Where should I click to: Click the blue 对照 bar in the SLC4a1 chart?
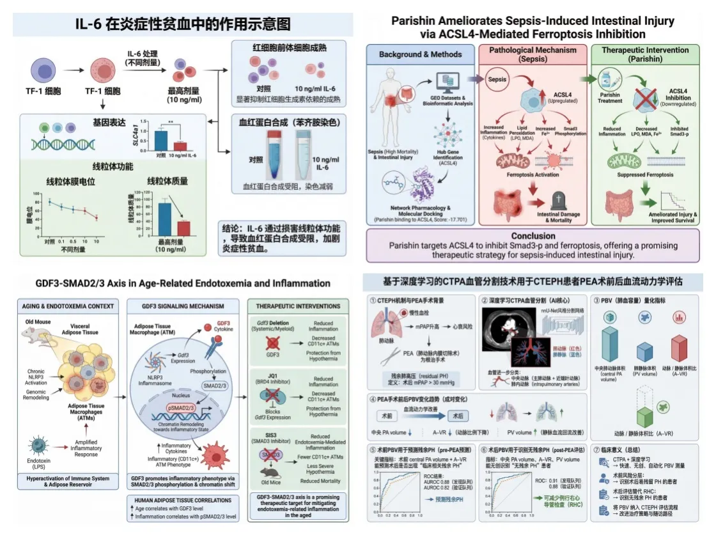coord(161,140)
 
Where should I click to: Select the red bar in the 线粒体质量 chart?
coord(183,228)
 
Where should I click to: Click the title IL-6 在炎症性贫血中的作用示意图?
coord(183,24)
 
